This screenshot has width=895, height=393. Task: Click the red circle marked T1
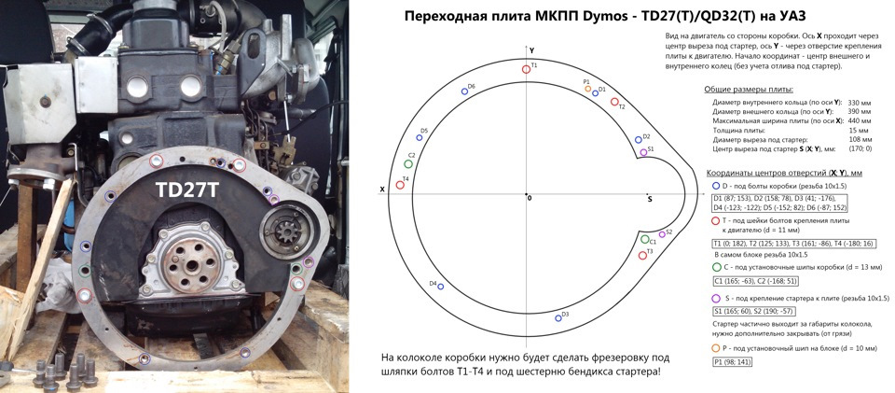526,69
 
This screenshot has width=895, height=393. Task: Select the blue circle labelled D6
464,91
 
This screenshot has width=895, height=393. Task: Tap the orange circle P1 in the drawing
588,89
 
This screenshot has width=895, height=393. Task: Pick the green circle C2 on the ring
408,164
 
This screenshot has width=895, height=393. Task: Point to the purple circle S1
643,152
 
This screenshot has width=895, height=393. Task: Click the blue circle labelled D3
558,318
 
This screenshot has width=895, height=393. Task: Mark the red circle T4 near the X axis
400,185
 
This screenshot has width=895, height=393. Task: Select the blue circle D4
441,287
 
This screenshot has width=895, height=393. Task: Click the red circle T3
642,255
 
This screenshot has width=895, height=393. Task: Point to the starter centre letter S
650,199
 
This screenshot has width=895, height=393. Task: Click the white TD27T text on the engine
187,190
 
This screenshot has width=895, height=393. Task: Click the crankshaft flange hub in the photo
187,264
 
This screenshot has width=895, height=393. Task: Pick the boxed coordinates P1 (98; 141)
733,362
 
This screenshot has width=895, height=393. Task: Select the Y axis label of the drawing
531,50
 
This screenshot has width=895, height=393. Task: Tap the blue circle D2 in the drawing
638,139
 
